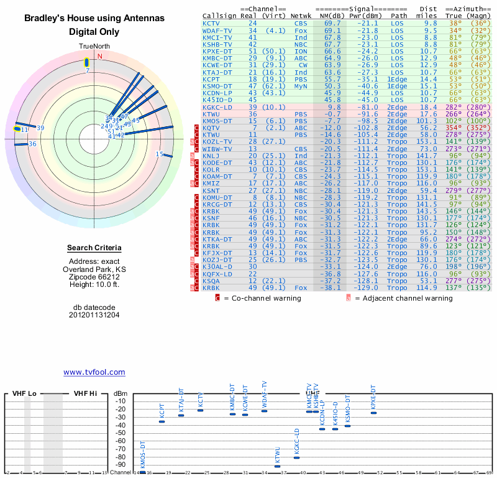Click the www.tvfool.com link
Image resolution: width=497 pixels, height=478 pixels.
click(x=94, y=372)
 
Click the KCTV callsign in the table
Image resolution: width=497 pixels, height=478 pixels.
click(x=211, y=23)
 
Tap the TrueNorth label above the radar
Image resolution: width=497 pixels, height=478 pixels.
click(x=93, y=47)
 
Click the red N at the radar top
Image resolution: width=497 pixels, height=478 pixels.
click(x=99, y=56)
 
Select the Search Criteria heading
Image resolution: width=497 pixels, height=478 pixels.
click(x=94, y=248)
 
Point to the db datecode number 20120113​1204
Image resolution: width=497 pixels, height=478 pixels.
click(x=94, y=315)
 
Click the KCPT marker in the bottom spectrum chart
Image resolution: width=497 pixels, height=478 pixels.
click(x=162, y=421)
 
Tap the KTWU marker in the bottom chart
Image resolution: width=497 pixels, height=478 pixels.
click(x=278, y=466)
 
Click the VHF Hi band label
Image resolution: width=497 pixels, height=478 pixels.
click(x=86, y=393)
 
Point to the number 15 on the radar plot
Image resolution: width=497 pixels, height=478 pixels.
click(x=159, y=154)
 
